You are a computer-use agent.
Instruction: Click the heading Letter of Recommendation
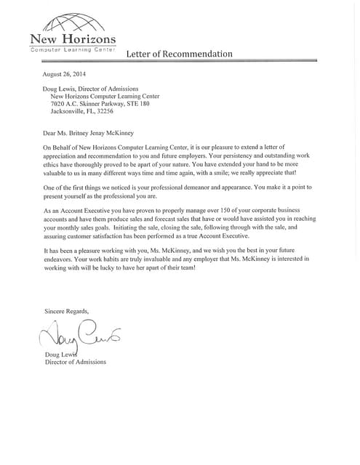(x=179, y=54)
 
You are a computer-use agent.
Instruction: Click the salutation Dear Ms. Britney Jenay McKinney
(x=101, y=133)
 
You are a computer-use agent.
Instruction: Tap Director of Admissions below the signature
(x=76, y=362)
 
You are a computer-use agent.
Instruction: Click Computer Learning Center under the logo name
(x=72, y=49)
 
